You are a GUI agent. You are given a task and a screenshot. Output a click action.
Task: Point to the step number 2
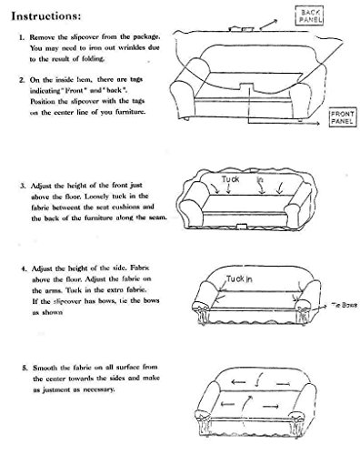pos(21,79)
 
